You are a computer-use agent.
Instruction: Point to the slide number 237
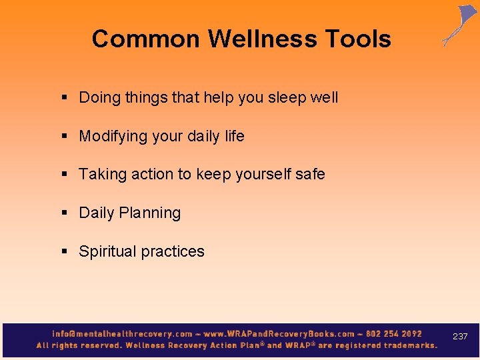pyautogui.click(x=460, y=337)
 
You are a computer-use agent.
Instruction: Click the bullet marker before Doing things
pyautogui.click(x=65, y=98)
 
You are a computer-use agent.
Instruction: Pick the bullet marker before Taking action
pyautogui.click(x=65, y=175)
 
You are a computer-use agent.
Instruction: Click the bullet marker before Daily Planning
pyautogui.click(x=65, y=213)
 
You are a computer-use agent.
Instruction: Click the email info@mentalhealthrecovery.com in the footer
pyautogui.click(x=122, y=334)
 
